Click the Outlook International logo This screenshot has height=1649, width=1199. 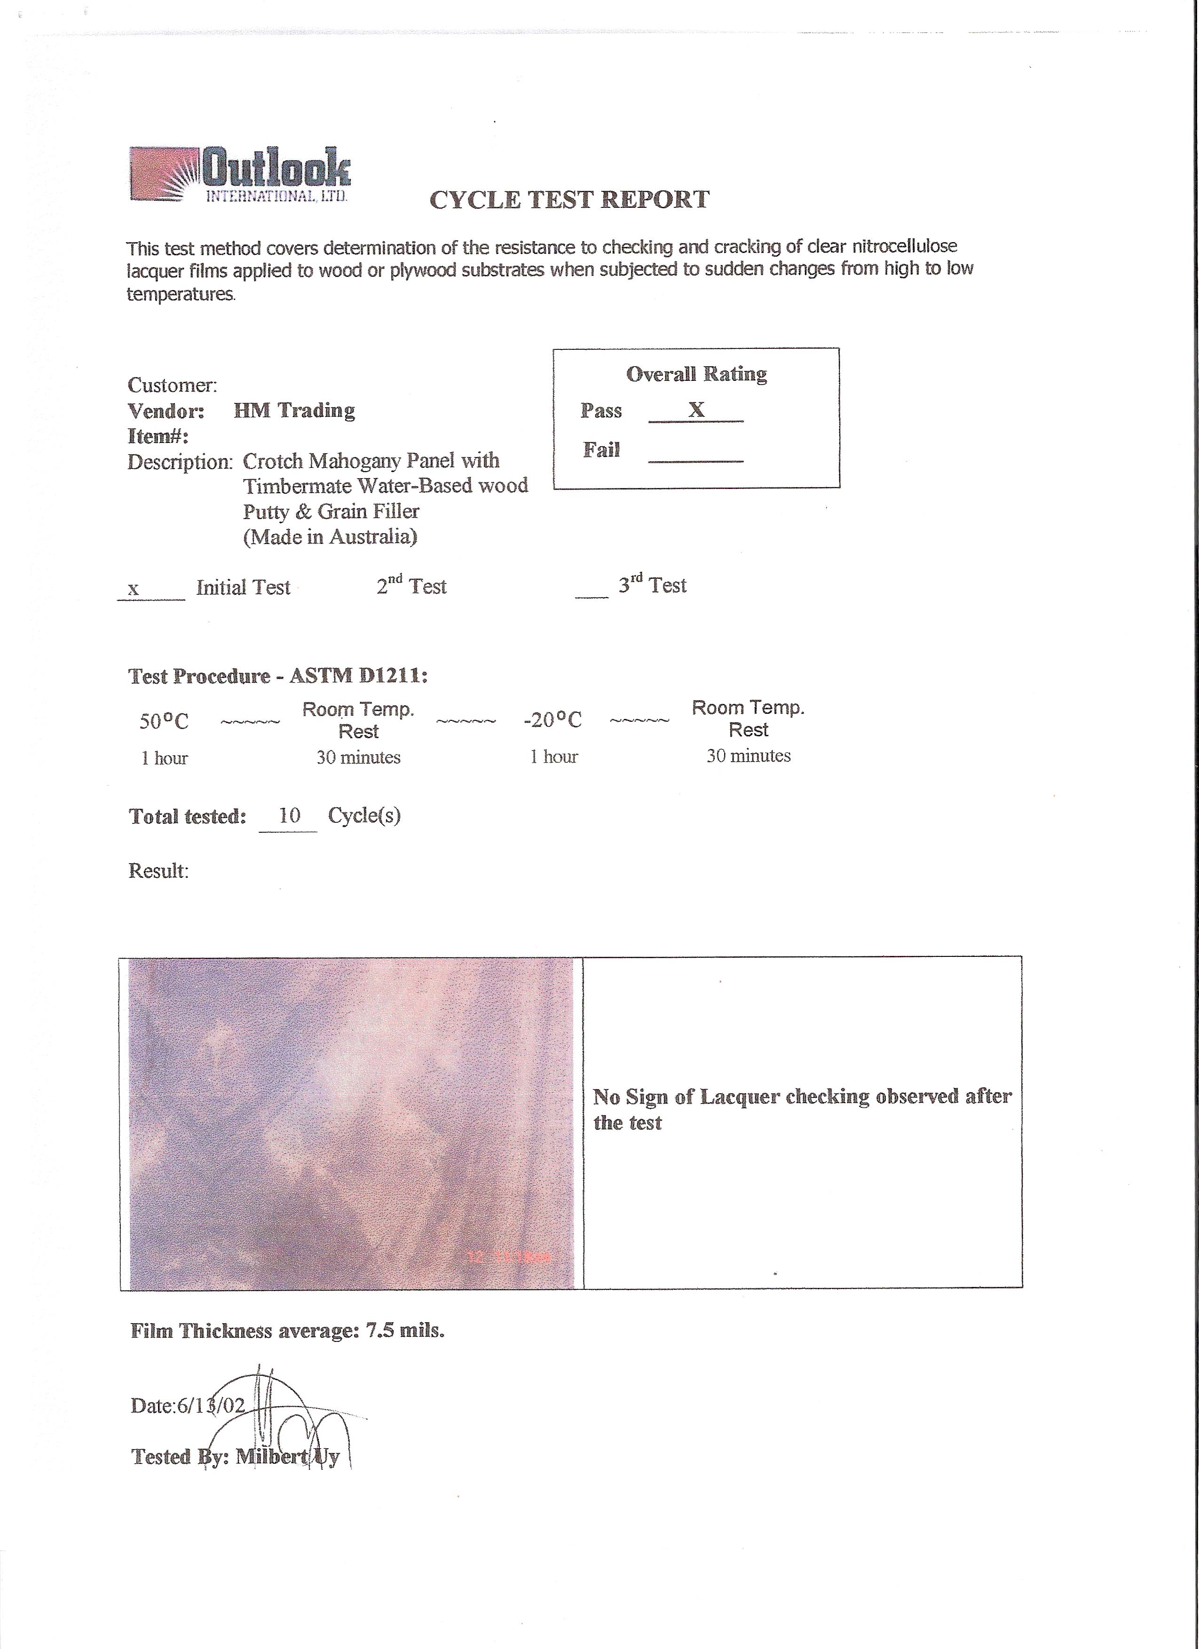click(240, 174)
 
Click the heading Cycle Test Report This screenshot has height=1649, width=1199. click(569, 200)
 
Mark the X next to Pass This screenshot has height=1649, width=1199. click(696, 410)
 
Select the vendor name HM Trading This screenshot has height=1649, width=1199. click(294, 411)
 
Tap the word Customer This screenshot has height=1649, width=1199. click(172, 386)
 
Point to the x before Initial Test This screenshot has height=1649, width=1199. click(133, 589)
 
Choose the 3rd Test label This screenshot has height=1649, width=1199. click(652, 585)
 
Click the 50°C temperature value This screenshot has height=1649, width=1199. click(164, 721)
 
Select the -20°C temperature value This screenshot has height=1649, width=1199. click(552, 720)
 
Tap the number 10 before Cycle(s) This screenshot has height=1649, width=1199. click(289, 816)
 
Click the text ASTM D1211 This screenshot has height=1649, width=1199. click(356, 676)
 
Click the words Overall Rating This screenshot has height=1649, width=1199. click(696, 374)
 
